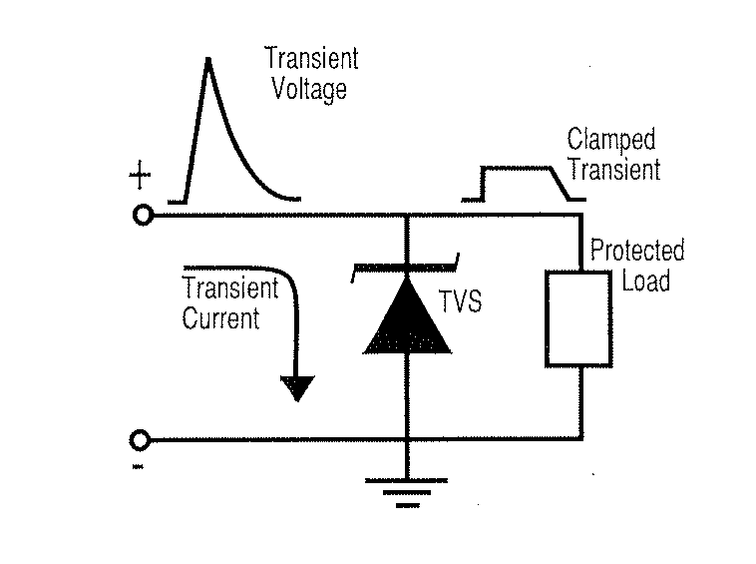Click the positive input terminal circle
pyautogui.click(x=143, y=215)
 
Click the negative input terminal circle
pyautogui.click(x=142, y=438)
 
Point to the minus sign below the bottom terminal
pyautogui.click(x=138, y=466)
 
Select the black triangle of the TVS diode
pyautogui.click(x=407, y=317)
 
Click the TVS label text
pyautogui.click(x=460, y=299)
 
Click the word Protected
pyautogui.click(x=637, y=251)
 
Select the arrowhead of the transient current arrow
pyautogui.click(x=296, y=386)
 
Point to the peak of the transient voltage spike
pyautogui.click(x=207, y=60)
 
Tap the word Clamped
pyautogui.click(x=611, y=140)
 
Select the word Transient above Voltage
pyautogui.click(x=311, y=58)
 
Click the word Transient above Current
pyautogui.click(x=230, y=288)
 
